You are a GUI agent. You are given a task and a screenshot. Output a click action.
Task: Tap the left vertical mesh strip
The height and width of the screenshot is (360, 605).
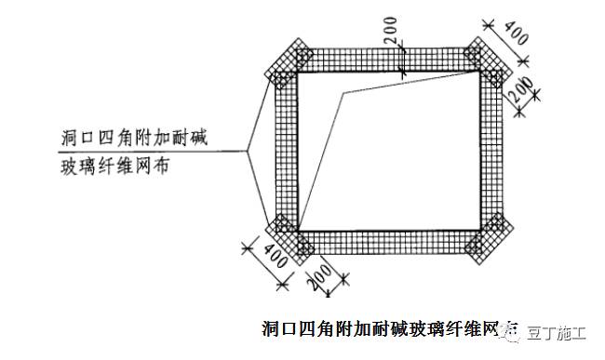click(283, 149)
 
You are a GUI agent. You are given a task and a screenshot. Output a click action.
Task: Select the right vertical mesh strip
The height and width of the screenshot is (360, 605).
click(491, 149)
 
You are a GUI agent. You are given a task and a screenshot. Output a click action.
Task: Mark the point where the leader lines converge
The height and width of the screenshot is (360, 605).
click(249, 151)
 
